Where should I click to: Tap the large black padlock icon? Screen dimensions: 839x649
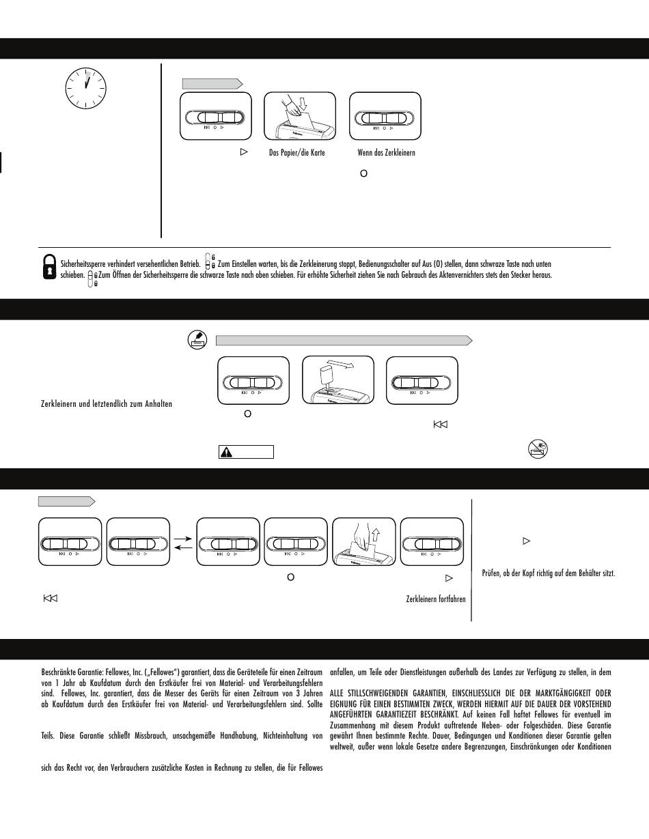(49, 266)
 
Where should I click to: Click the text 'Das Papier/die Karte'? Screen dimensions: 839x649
(297, 153)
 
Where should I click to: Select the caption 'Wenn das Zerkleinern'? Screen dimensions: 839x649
(386, 153)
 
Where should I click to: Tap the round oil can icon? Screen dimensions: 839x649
(197, 340)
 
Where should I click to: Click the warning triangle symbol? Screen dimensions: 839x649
(227, 452)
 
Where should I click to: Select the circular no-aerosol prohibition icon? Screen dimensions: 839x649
(538, 449)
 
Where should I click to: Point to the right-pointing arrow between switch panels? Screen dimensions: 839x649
(182, 538)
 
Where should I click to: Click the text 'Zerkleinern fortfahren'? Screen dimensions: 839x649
(436, 599)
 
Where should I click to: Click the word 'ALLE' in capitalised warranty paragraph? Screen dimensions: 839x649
(338, 693)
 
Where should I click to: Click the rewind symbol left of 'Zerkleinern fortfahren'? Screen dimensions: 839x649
(50, 599)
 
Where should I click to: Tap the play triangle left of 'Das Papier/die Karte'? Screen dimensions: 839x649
(243, 152)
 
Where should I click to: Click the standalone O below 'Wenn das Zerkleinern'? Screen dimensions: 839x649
(363, 174)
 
